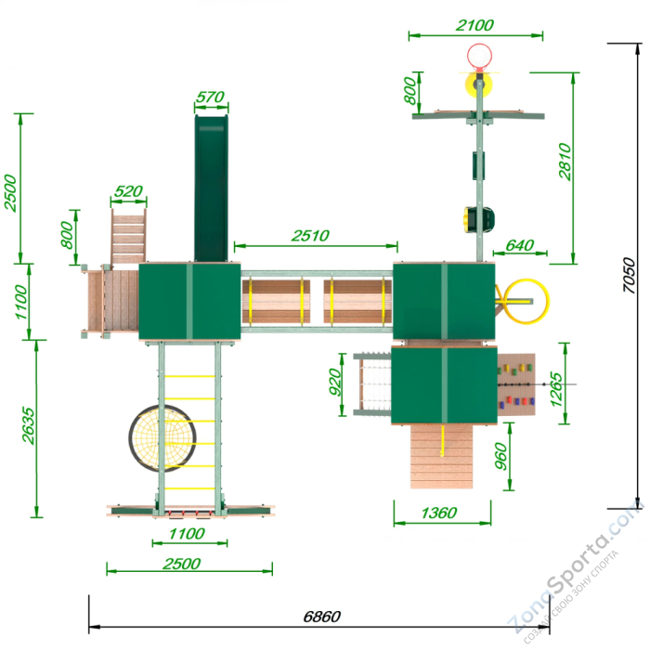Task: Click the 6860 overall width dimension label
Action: [x=321, y=617]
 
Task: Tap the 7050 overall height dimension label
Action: [x=629, y=275]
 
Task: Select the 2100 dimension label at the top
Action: [x=474, y=25]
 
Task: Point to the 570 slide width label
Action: [x=210, y=97]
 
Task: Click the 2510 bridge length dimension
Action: [x=310, y=236]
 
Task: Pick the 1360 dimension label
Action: [x=439, y=513]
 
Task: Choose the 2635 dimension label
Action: [x=29, y=425]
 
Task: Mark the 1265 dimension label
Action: [x=556, y=389]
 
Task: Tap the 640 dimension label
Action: [x=520, y=245]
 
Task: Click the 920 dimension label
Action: [x=335, y=382]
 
